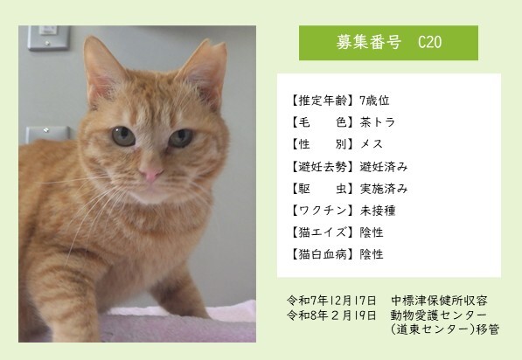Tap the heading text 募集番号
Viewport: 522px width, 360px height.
366,43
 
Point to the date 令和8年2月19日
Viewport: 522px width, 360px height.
332,314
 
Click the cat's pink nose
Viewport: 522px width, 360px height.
152,175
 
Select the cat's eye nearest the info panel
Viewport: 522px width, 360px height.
181,137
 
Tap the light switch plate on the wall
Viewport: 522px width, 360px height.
45,38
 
